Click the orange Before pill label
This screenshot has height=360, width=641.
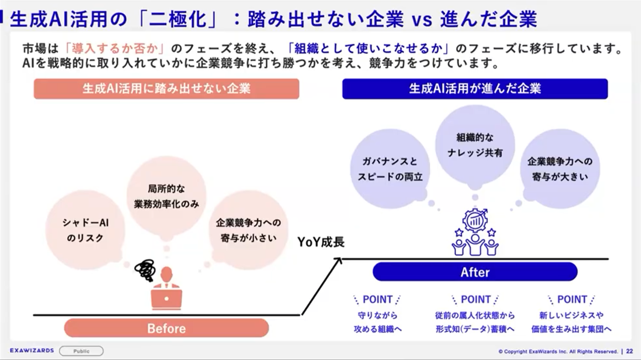(166, 328)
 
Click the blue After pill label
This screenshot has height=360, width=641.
(475, 272)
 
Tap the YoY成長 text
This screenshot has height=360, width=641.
(321, 242)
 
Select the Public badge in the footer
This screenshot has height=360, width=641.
(81, 351)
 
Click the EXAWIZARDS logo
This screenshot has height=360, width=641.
(32, 351)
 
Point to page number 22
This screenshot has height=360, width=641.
(630, 351)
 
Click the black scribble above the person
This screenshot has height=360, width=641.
(145, 270)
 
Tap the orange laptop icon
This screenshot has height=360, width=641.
(166, 299)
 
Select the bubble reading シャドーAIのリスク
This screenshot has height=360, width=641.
(85, 230)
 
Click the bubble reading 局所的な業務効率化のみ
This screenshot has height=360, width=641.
(166, 196)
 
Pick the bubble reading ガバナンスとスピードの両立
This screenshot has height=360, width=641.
(390, 169)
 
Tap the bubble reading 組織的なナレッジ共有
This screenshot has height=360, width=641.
(475, 145)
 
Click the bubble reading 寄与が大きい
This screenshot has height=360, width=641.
(560, 169)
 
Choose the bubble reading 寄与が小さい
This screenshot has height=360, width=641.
(248, 230)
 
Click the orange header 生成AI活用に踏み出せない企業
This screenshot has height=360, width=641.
(166, 89)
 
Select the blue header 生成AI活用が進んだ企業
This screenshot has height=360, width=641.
(475, 89)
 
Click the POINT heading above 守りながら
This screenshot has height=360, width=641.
(377, 300)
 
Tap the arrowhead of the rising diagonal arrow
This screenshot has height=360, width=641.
(339, 260)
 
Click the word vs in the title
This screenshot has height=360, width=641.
(422, 20)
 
